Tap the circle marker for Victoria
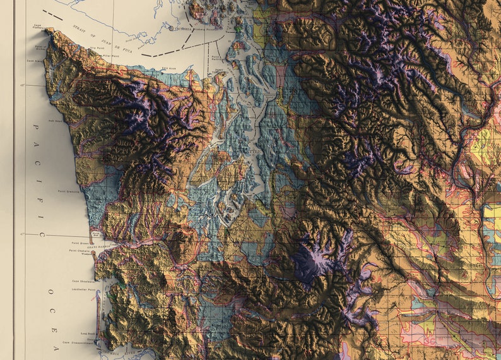click(x=172, y=28)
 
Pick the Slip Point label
click(x=97, y=47)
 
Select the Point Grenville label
click(x=68, y=191)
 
